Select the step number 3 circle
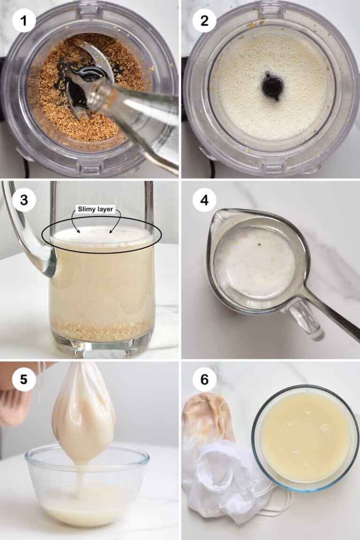tap(24, 200)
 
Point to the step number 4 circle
tap(204, 200)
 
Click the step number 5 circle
tap(24, 379)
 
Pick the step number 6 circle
tap(204, 379)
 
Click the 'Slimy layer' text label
tap(95, 209)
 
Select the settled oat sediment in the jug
tap(101, 330)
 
